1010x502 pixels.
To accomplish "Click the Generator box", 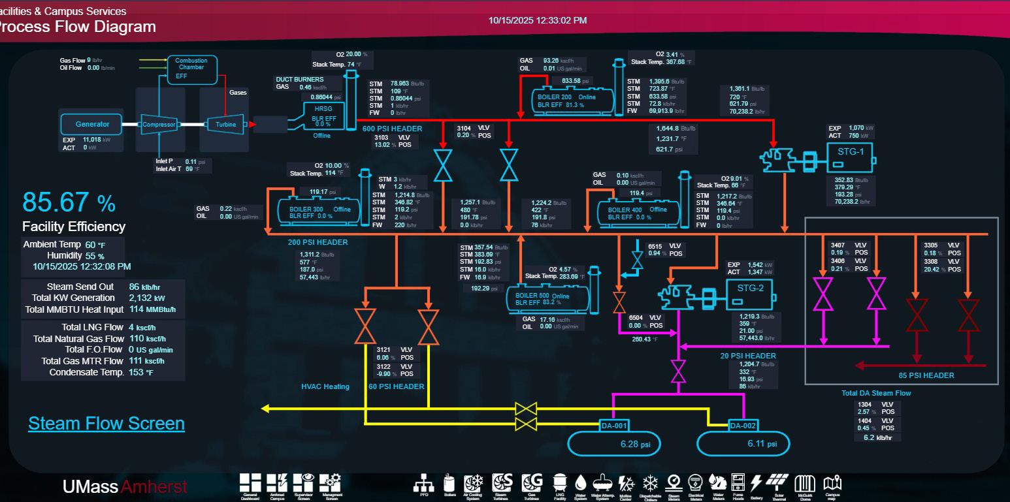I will point(92,124).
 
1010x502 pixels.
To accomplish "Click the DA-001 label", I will point(613,426).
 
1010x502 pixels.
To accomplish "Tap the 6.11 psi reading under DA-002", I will point(762,444).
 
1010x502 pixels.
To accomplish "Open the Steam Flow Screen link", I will point(106,424).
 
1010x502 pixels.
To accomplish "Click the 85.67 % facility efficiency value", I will point(69,202).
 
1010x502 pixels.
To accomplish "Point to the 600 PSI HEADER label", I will point(393,129).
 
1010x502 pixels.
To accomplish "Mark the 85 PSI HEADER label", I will point(926,375).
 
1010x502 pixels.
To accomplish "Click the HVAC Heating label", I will point(325,386).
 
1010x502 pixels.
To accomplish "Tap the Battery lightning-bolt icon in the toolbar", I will point(757,484).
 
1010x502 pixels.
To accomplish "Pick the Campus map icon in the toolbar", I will point(832,484).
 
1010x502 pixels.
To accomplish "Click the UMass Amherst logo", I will point(124,486).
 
